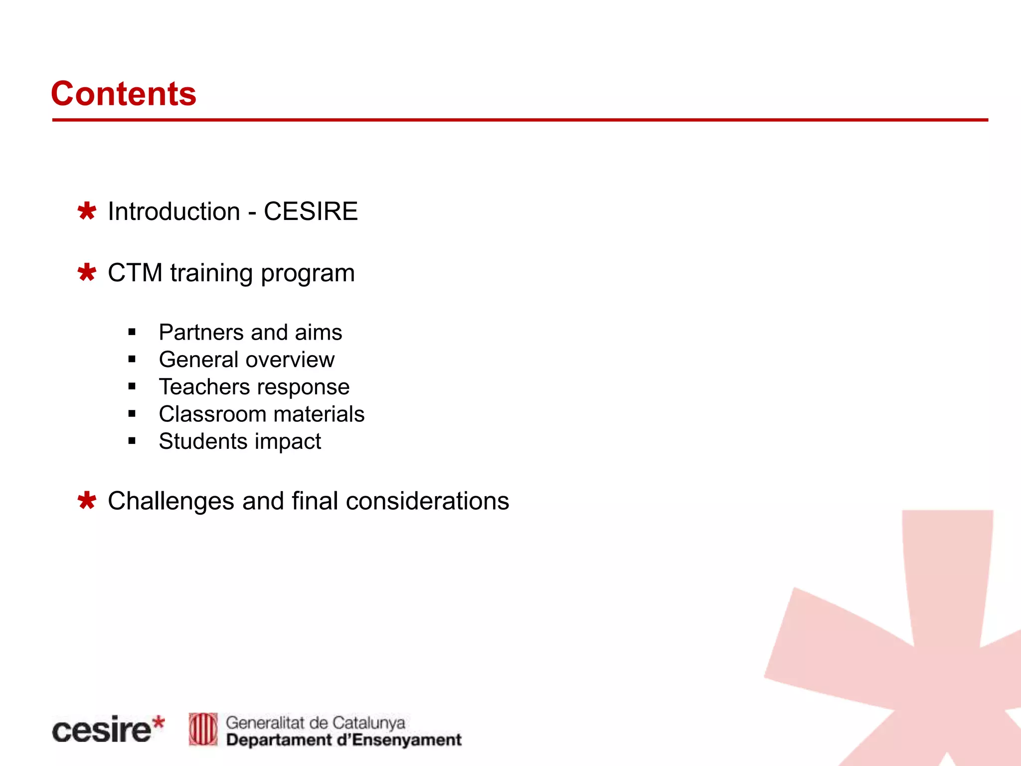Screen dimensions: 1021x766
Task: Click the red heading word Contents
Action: pos(124,93)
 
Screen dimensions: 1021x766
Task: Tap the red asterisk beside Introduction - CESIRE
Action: pos(87,211)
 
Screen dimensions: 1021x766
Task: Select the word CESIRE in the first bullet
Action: pos(311,211)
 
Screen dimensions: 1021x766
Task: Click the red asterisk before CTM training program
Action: pos(87,272)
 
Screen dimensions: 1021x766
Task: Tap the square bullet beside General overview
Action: pos(132,359)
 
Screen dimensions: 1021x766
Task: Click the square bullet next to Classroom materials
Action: pos(132,413)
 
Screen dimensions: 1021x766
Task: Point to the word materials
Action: pos(319,414)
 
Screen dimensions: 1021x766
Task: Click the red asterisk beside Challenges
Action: pos(87,501)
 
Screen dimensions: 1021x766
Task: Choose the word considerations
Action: pos(428,501)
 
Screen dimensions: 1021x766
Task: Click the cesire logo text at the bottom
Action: pos(102,730)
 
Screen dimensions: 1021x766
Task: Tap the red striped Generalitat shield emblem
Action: pos(203,729)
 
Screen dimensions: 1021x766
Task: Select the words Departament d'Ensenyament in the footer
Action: pos(344,740)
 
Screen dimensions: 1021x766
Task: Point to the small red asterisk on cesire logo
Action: pos(158,722)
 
